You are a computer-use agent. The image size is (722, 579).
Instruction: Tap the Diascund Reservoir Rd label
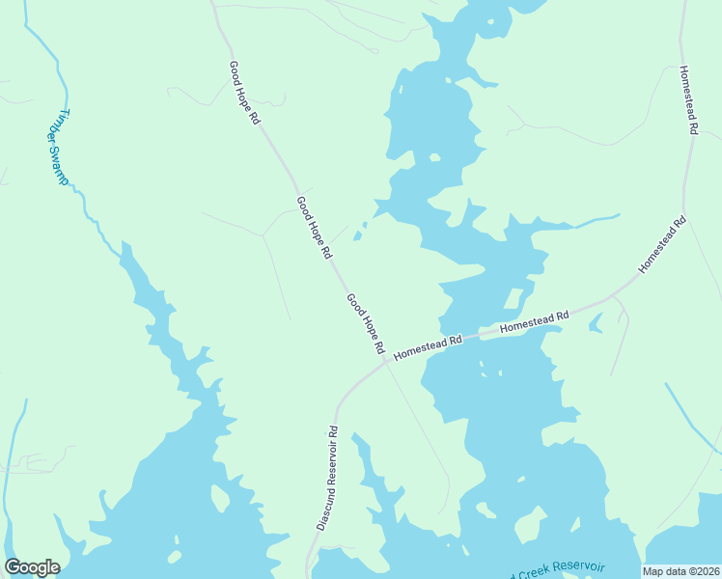pos(326,478)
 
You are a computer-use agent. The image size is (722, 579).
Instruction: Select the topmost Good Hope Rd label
pos(244,94)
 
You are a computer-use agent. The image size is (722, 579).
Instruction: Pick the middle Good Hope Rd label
pos(314,228)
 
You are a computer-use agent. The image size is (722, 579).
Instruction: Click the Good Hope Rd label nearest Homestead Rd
pos(366,323)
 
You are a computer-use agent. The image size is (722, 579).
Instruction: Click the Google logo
pos(32,567)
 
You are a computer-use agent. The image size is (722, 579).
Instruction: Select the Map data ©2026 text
pos(680,571)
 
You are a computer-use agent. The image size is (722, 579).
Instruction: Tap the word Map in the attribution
pos(653,571)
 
